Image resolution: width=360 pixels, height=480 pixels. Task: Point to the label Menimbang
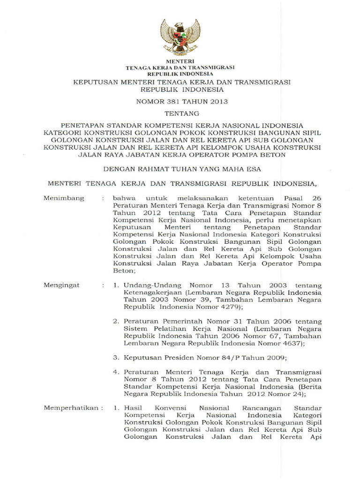click(64, 198)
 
